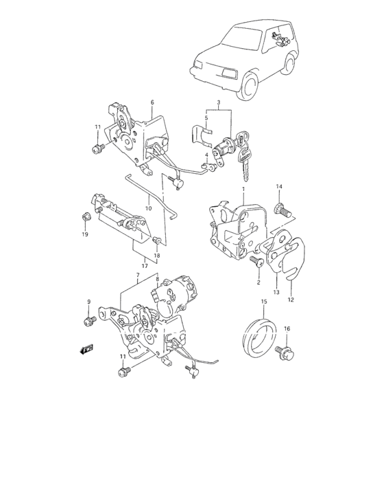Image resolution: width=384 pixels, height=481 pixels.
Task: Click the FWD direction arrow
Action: coord(86,349)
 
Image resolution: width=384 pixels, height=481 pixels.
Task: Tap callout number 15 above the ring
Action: coord(264,302)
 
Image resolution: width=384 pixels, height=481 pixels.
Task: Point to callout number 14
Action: coord(279,186)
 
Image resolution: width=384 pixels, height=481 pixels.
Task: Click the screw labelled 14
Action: coord(283,210)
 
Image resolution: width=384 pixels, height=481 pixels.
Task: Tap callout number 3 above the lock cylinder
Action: coord(219,102)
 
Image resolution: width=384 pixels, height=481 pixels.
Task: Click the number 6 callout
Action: coord(152,102)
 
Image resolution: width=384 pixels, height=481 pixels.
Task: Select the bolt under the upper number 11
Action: coord(99,148)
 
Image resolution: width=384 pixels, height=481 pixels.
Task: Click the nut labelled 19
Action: coord(86,217)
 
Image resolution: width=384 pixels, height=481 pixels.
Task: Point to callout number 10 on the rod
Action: coord(149,209)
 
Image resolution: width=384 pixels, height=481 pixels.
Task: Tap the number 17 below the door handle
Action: coord(145,266)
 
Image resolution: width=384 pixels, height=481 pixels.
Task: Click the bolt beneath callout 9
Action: coord(90,320)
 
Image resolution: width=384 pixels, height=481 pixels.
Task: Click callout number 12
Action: coord(291,300)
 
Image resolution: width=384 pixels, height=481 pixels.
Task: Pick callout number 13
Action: coord(276,292)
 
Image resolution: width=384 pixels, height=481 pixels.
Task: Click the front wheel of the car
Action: coord(250,86)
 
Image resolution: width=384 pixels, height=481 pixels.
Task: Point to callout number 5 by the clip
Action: coord(206,118)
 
